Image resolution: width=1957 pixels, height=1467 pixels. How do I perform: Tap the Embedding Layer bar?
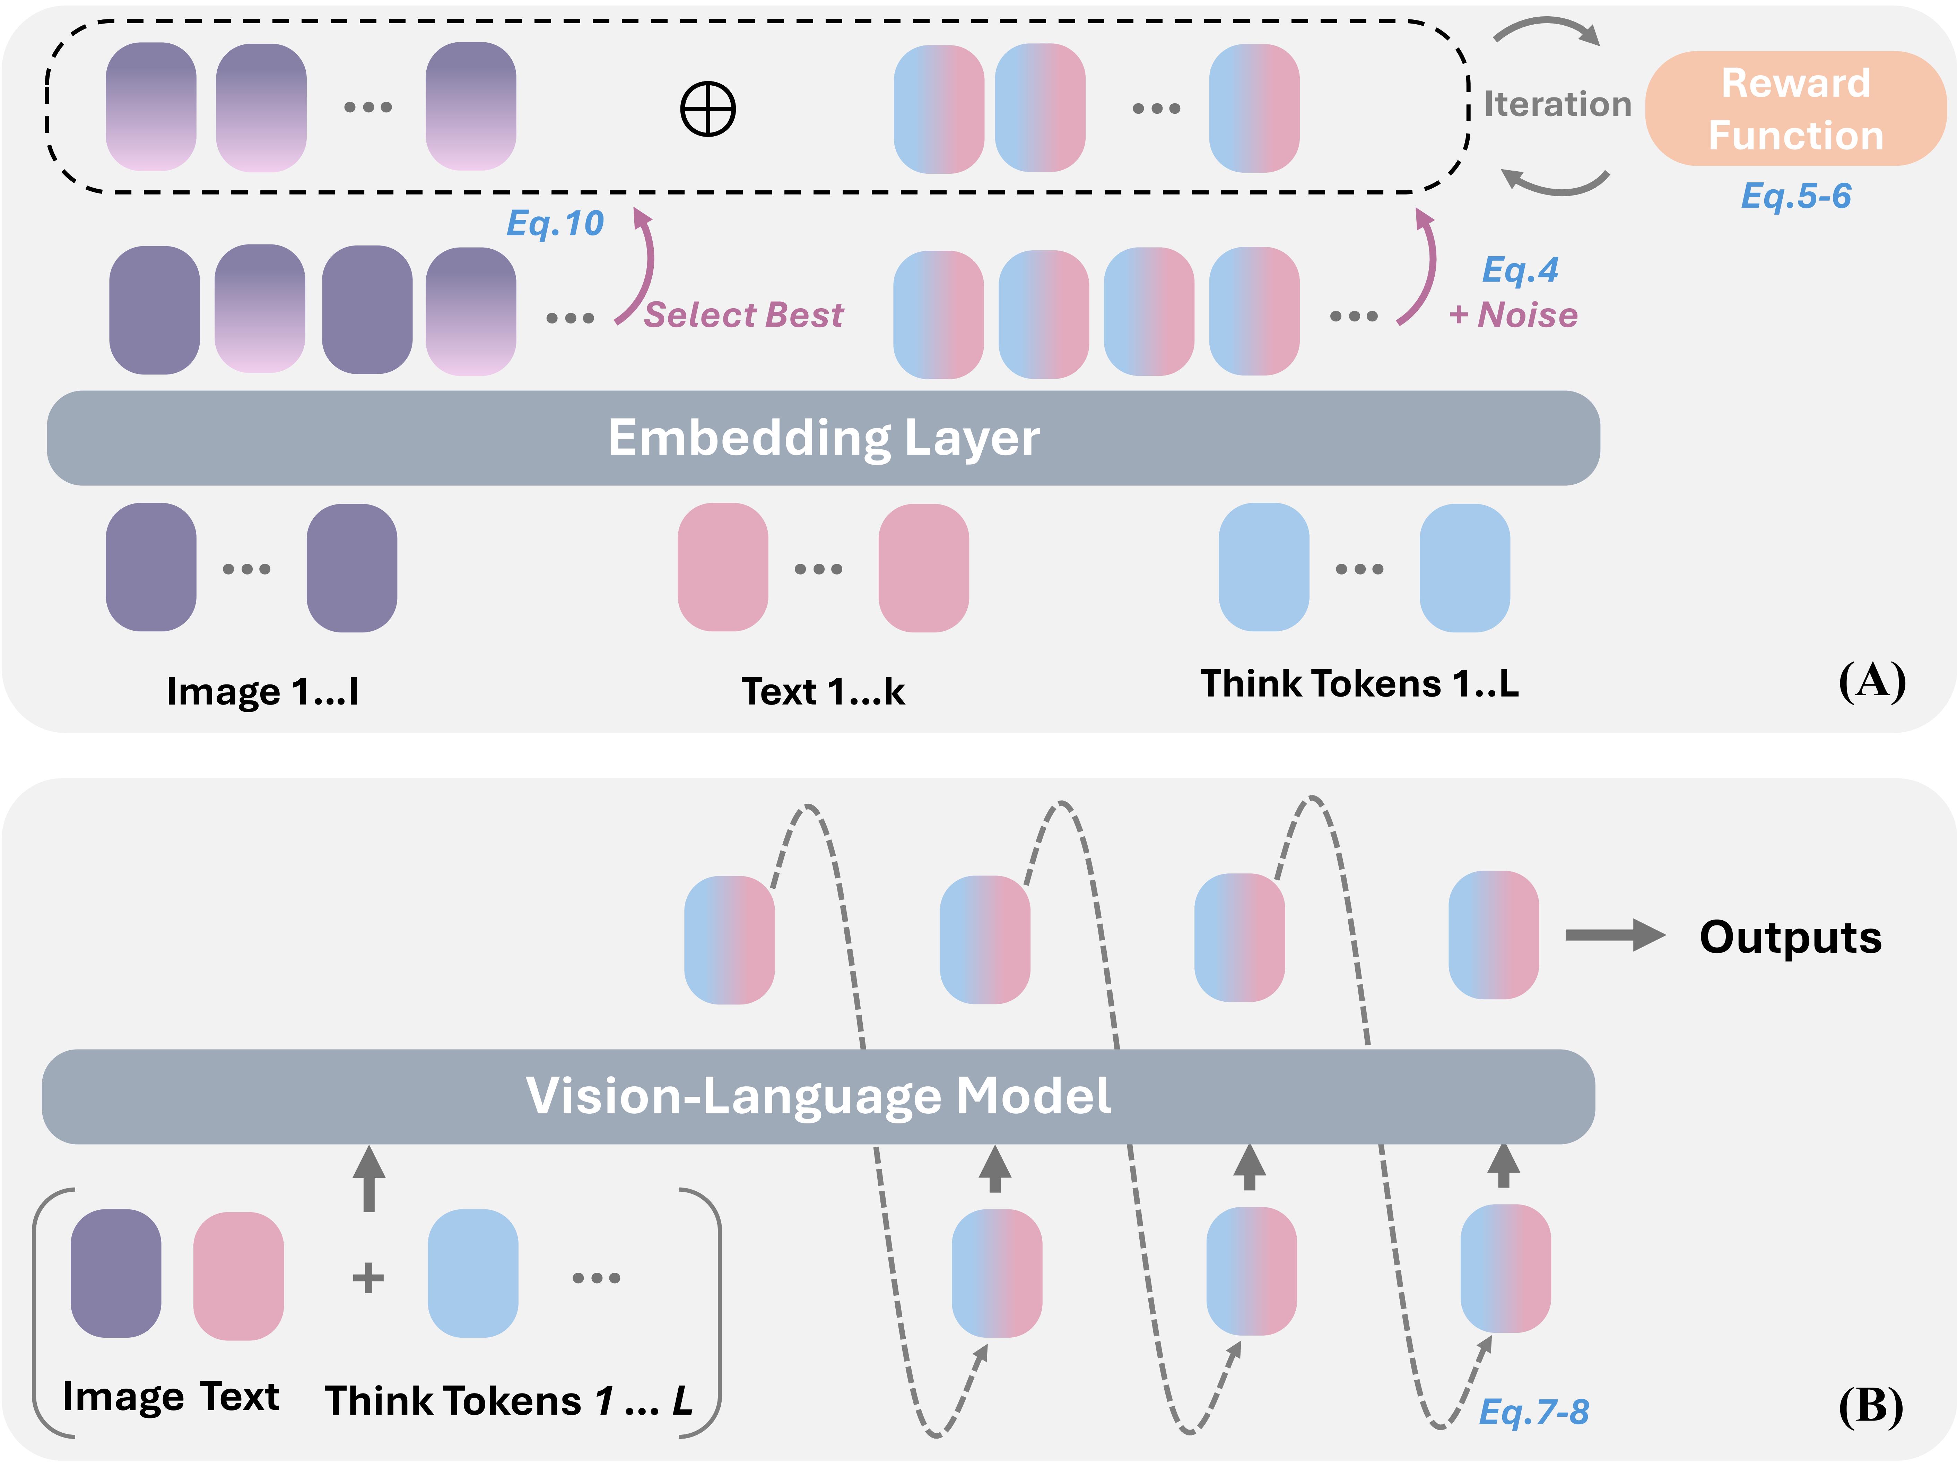click(x=823, y=438)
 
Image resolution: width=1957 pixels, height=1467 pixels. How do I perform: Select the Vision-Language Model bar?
click(x=818, y=1096)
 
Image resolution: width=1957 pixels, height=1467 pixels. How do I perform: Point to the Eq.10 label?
click(x=555, y=223)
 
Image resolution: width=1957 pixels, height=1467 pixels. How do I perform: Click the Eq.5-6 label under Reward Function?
click(x=1795, y=196)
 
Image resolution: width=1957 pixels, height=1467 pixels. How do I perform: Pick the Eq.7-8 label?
click(x=1533, y=1411)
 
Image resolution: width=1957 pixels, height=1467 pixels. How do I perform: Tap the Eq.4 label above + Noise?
click(x=1520, y=270)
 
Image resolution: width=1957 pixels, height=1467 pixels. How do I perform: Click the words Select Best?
click(x=743, y=315)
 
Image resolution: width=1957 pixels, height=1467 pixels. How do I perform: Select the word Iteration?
click(x=1557, y=104)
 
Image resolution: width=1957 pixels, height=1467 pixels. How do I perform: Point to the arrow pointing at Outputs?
click(x=1615, y=935)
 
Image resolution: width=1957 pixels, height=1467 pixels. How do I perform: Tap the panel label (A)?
click(x=1871, y=681)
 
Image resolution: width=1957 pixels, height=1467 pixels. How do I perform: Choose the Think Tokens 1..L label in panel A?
click(x=1359, y=684)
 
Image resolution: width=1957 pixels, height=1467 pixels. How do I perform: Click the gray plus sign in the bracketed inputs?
click(x=368, y=1278)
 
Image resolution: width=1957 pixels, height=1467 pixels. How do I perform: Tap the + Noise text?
click(x=1513, y=315)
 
